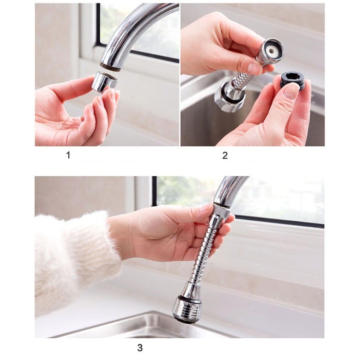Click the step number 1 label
pos(68,155)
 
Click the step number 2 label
pos(225,155)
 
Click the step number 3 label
pos(140,347)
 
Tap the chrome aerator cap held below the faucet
pos(104,82)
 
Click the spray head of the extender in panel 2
pos(229,97)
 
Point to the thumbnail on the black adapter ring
pos(291,91)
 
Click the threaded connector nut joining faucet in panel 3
pos(220,211)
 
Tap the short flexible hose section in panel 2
pos(242,77)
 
